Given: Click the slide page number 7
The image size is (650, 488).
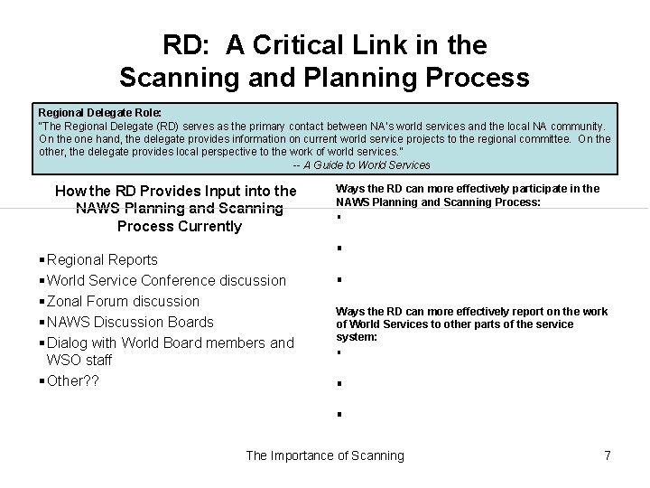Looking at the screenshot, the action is pyautogui.click(x=608, y=455).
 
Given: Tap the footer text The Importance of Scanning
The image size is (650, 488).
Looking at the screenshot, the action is pyautogui.click(x=325, y=455).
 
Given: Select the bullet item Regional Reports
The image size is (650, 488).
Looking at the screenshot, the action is pyautogui.click(x=102, y=259).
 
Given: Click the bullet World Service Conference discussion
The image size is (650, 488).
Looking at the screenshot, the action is pyautogui.click(x=166, y=280).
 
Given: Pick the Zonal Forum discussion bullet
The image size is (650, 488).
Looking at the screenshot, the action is pyautogui.click(x=123, y=301).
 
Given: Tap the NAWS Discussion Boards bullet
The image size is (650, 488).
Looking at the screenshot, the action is pyautogui.click(x=130, y=322).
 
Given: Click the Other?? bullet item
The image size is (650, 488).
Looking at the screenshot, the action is pyautogui.click(x=73, y=380).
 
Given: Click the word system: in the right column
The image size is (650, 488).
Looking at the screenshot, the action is pyautogui.click(x=357, y=337).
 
